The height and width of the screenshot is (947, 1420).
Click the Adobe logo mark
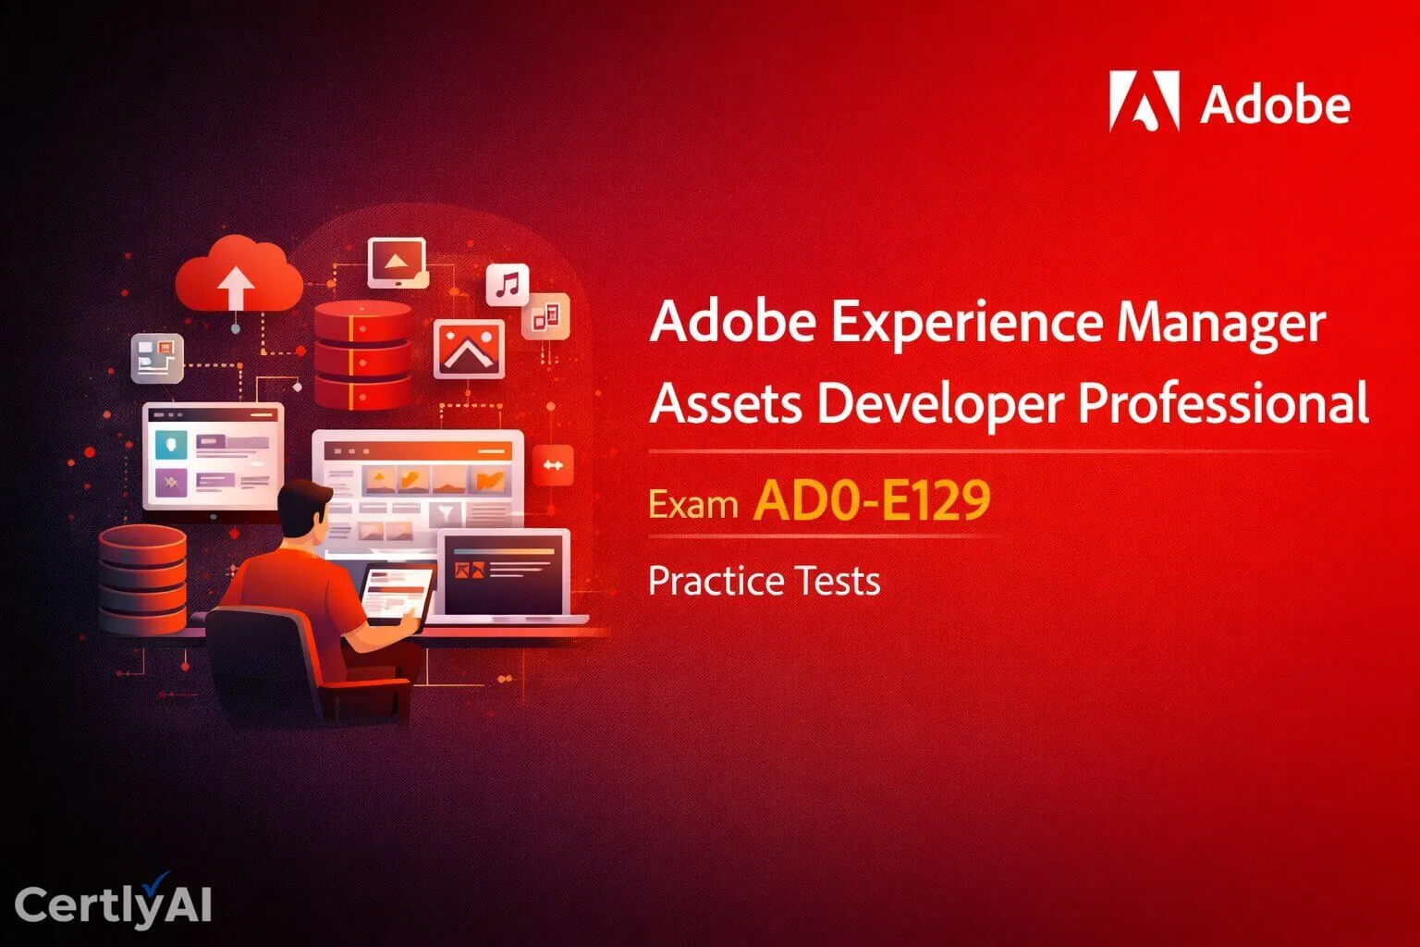pos(1145,102)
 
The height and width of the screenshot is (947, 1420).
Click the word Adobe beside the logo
pos(1275,105)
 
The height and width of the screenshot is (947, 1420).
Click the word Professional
pos(1223,404)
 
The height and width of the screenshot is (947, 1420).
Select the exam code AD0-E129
pos(872,500)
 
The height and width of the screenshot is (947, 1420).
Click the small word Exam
pos(692,505)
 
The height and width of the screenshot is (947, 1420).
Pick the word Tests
pos(839,582)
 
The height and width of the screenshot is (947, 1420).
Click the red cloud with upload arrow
pos(239,276)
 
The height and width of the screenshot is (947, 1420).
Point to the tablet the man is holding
pos(396,594)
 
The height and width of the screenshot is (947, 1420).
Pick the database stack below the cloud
pos(362,354)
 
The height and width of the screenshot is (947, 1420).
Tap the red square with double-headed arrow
pos(553,465)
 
